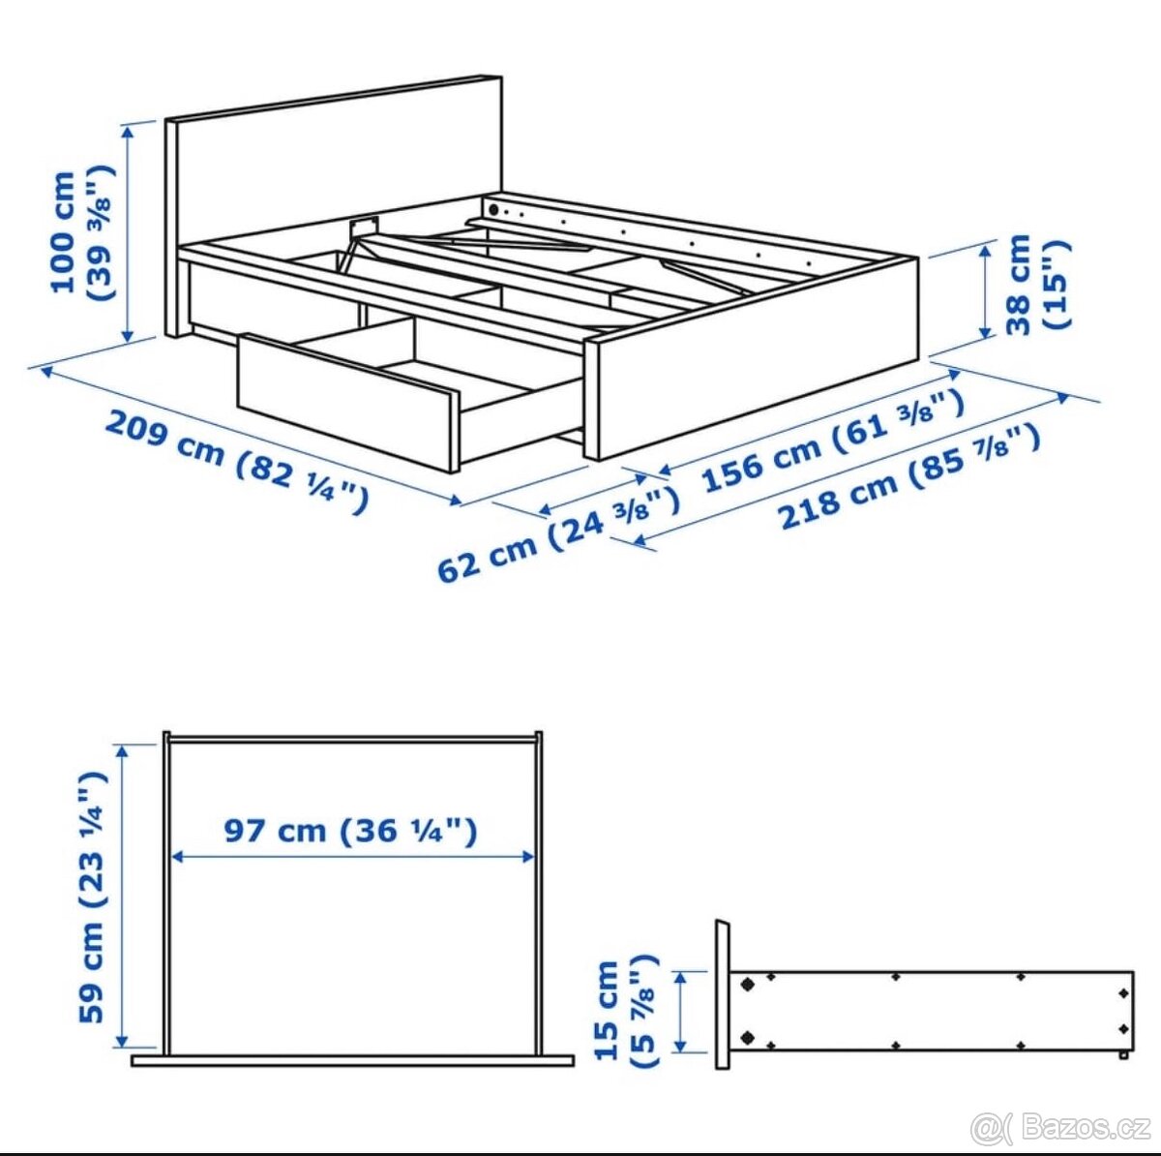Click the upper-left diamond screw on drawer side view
click(747, 984)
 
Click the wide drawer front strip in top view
click(352, 1061)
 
